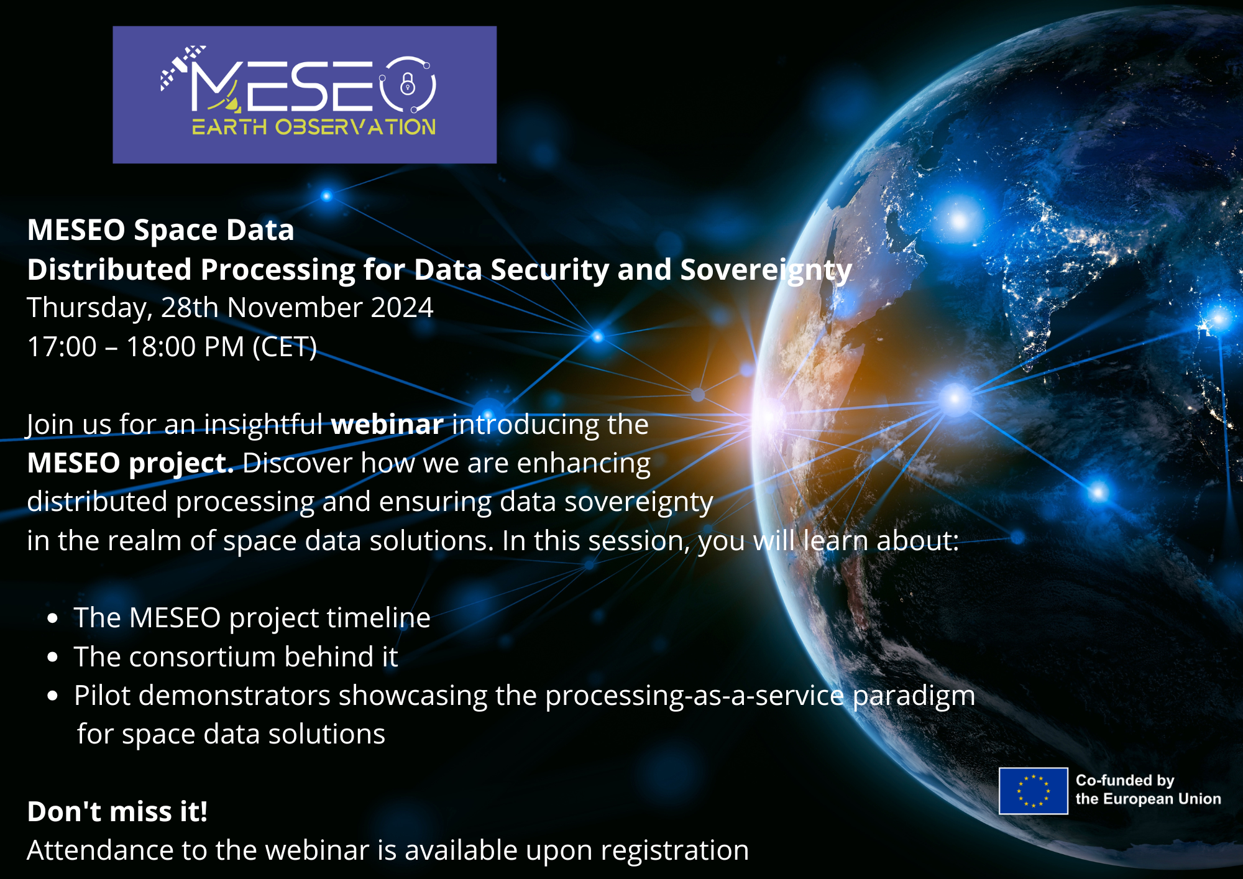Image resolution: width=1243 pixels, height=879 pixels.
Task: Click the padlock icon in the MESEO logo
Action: point(408,83)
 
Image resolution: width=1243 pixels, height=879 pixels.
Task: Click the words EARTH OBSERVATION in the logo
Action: point(314,127)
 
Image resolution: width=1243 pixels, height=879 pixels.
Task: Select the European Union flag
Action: point(1033,791)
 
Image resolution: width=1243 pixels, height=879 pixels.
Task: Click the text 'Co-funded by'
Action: point(1125,780)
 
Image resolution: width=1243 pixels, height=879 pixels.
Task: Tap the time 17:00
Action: point(62,347)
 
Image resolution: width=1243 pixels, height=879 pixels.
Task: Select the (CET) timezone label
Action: point(285,347)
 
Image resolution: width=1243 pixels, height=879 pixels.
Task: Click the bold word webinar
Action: point(387,425)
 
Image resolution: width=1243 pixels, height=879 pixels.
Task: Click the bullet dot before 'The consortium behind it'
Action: point(53,657)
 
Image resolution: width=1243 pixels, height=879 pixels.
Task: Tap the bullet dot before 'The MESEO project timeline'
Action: point(53,619)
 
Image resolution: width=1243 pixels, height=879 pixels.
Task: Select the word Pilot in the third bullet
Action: point(103,695)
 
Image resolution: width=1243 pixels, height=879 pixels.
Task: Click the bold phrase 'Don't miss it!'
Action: point(117,812)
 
